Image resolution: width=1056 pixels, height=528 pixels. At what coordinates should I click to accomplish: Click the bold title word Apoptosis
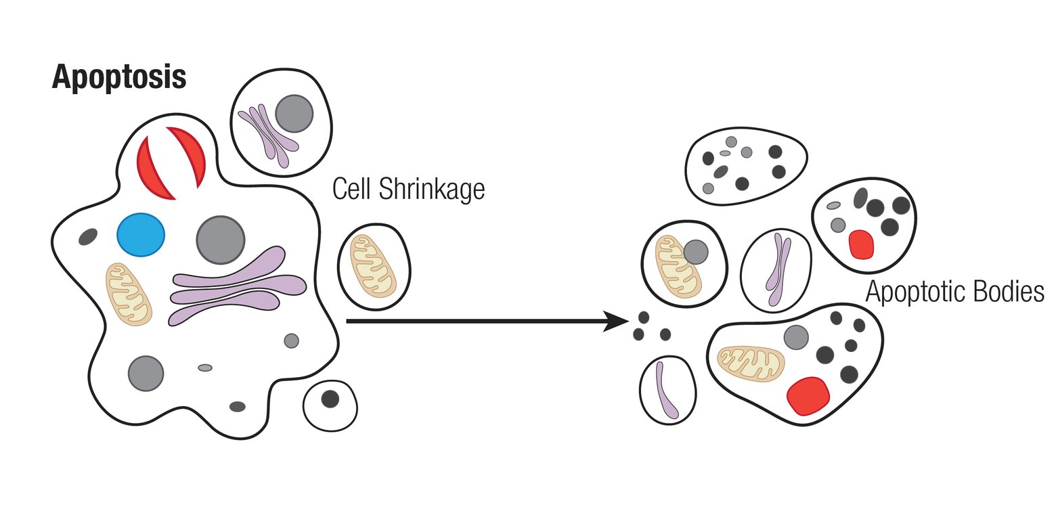point(119,77)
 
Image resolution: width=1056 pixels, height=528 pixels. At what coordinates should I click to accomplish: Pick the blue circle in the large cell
point(141,235)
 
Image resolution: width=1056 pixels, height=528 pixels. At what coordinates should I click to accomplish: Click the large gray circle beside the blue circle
point(221,240)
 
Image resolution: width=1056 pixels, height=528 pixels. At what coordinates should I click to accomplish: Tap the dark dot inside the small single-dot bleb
point(330,399)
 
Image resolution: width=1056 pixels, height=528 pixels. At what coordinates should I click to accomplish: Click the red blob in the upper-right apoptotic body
point(861,244)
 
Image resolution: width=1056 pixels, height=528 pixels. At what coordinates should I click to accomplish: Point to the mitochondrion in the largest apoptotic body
point(750,364)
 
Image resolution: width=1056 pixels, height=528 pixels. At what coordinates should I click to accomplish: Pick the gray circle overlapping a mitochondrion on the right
point(695,252)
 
